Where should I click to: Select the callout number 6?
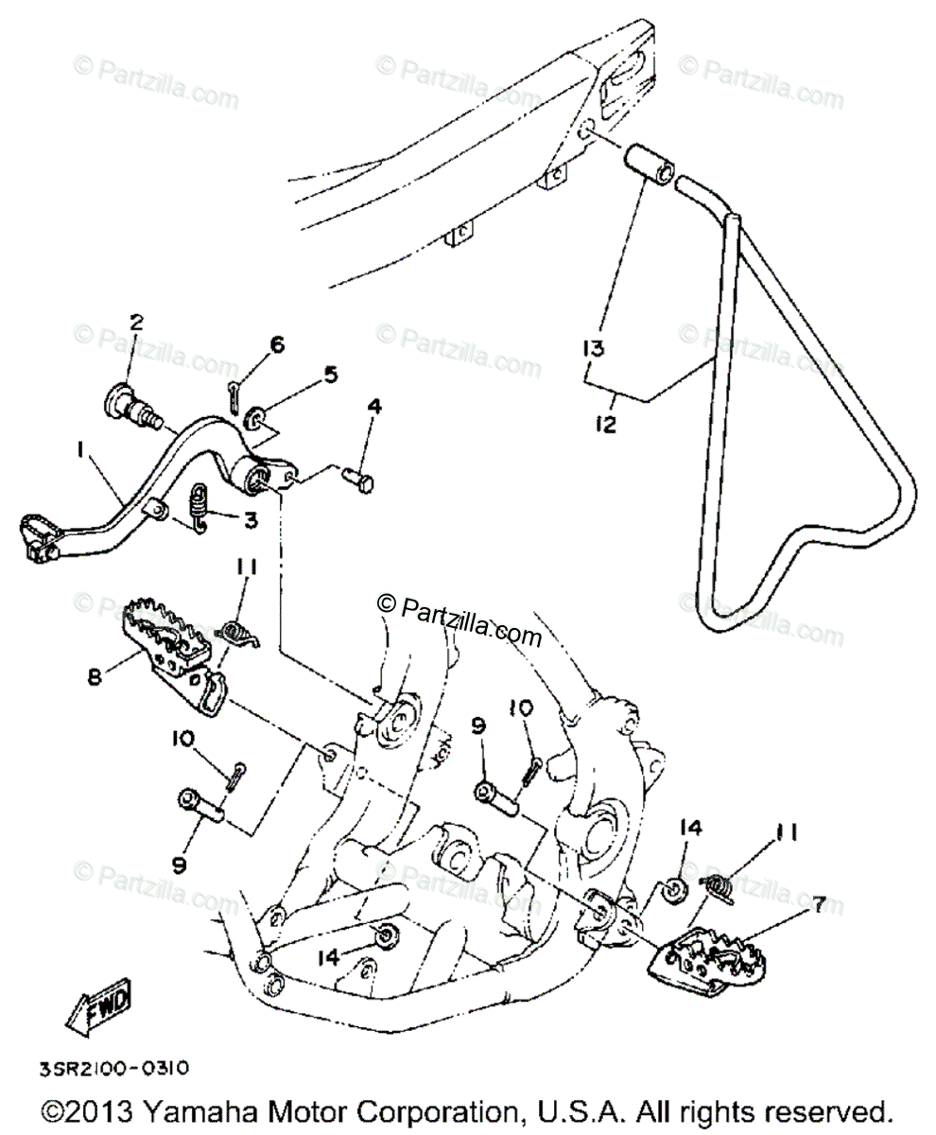pyautogui.click(x=276, y=345)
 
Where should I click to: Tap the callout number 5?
pyautogui.click(x=330, y=376)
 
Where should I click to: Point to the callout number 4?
pyautogui.click(x=374, y=408)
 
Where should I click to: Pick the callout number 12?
pyautogui.click(x=605, y=425)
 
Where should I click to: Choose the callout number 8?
pyautogui.click(x=95, y=677)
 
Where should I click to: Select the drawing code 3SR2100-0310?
pyautogui.click(x=114, y=1068)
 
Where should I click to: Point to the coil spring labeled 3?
pyautogui.click(x=199, y=507)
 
